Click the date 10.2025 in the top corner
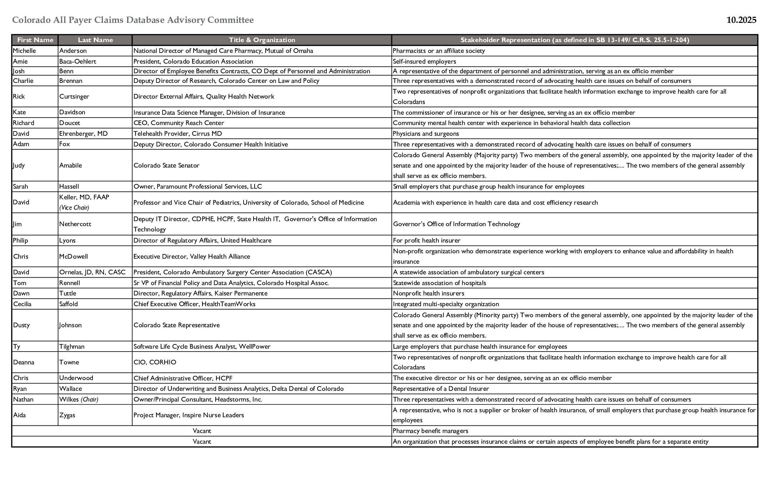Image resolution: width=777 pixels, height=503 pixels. coord(741,20)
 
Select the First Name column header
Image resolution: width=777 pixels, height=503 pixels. coord(35,40)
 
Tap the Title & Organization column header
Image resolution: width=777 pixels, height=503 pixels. coord(262,40)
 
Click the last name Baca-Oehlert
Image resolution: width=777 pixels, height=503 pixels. coord(77,61)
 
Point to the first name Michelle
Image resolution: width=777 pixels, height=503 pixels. coord(24,51)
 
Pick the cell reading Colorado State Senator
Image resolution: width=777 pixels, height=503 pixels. coord(166,165)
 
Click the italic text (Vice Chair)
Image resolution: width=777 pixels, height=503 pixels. coord(74,208)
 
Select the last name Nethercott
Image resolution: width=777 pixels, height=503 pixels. coord(75,224)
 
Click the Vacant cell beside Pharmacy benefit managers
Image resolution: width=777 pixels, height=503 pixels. coord(202,431)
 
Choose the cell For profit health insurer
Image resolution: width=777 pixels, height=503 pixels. coord(426,240)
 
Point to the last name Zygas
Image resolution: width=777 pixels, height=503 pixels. coord(67,415)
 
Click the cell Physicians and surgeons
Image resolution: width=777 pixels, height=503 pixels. coord(426,134)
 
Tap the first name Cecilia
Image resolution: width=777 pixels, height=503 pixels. coord(22,304)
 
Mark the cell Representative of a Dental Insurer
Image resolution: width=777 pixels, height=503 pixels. coord(441,389)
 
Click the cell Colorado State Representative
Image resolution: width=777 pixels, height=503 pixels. coord(176,325)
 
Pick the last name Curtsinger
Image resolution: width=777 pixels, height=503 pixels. coord(74,96)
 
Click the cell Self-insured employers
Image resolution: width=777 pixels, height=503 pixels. coord(424,61)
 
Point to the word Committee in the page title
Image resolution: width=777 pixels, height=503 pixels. coord(231,20)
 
